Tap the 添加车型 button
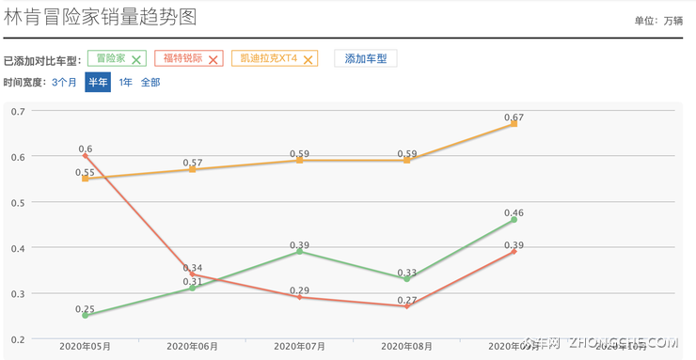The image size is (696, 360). [x=366, y=58]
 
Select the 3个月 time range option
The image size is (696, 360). [x=65, y=82]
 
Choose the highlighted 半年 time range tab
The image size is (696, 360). [x=98, y=82]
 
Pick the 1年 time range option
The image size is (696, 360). [x=125, y=82]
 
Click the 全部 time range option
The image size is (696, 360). [x=150, y=82]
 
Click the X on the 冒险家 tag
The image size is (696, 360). [x=136, y=59]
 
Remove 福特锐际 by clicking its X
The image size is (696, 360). [x=213, y=59]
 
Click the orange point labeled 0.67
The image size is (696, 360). [x=514, y=124]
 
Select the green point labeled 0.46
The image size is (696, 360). [x=514, y=219]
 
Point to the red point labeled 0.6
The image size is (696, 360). [x=86, y=156]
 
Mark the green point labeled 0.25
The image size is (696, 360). [x=86, y=315]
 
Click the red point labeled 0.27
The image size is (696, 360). [x=406, y=306]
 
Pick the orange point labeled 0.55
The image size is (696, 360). [x=86, y=179]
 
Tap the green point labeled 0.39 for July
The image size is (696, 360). [x=300, y=251]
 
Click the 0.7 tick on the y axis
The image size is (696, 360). [x=18, y=111]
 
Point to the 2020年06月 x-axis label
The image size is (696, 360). [x=192, y=347]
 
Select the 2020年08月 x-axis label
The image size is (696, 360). [x=406, y=347]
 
